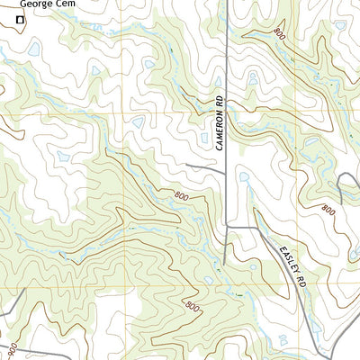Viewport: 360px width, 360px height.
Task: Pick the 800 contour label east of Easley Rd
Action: point(328,209)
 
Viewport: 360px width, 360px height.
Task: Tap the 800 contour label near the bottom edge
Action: point(191,307)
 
